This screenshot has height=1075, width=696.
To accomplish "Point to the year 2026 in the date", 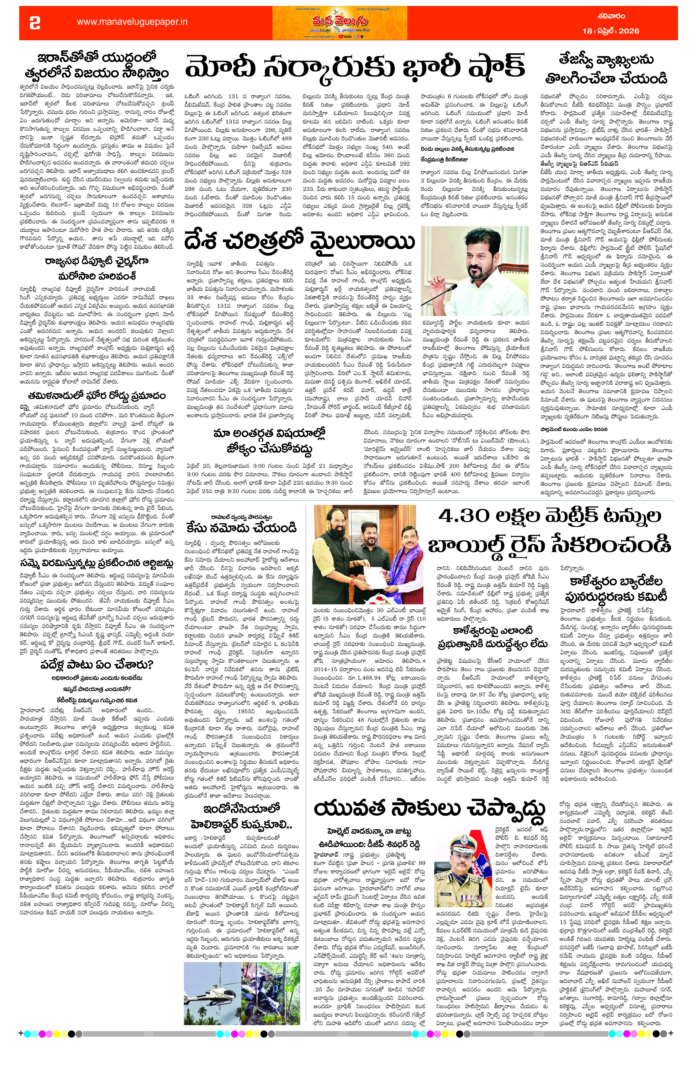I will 629,31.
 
